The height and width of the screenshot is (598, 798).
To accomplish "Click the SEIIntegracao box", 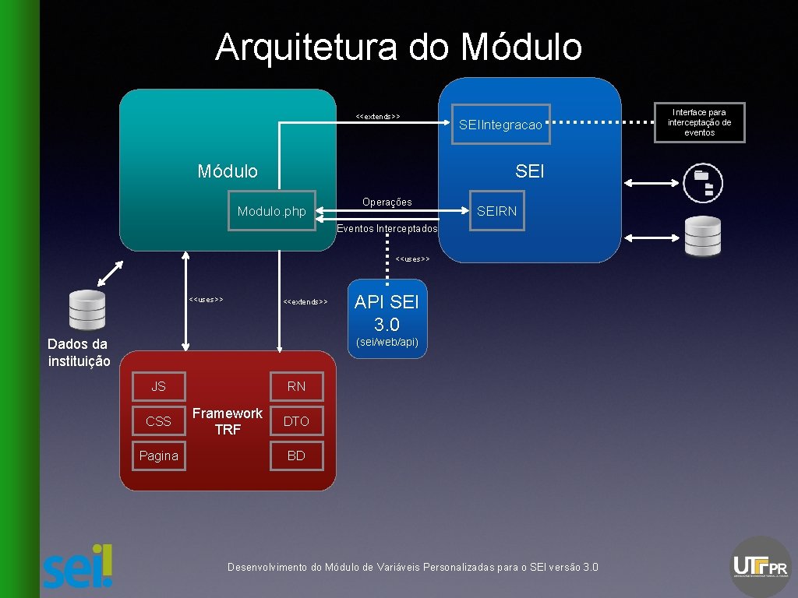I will (x=500, y=125).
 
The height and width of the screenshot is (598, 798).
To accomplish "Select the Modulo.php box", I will (x=272, y=211).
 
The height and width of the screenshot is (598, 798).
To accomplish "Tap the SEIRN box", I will (x=496, y=211).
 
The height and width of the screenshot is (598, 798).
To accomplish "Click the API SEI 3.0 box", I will (x=387, y=318).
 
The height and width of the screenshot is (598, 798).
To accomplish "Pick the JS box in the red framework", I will (x=158, y=386).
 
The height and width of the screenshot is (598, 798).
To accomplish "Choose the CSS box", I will (x=158, y=421).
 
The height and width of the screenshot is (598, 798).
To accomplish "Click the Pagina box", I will (x=158, y=456).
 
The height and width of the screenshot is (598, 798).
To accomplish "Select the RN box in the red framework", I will (x=296, y=386).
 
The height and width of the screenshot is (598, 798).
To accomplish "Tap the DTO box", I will (x=296, y=421).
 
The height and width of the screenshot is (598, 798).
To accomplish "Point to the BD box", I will (x=296, y=456).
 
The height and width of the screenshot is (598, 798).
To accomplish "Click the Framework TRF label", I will (x=228, y=421).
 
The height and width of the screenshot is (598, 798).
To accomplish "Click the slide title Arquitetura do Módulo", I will (x=398, y=47).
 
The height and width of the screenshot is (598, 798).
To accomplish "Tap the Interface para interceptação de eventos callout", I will (x=699, y=122).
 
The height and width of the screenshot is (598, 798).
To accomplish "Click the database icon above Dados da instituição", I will (x=87, y=309).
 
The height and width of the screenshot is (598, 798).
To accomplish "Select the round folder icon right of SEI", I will (x=703, y=183).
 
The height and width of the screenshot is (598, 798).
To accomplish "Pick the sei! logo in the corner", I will (x=78, y=565).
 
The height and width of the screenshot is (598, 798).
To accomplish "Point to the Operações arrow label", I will (x=387, y=202).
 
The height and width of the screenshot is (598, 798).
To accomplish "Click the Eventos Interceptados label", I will (x=387, y=229).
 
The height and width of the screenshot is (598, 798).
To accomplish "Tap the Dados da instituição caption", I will (x=79, y=353).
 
